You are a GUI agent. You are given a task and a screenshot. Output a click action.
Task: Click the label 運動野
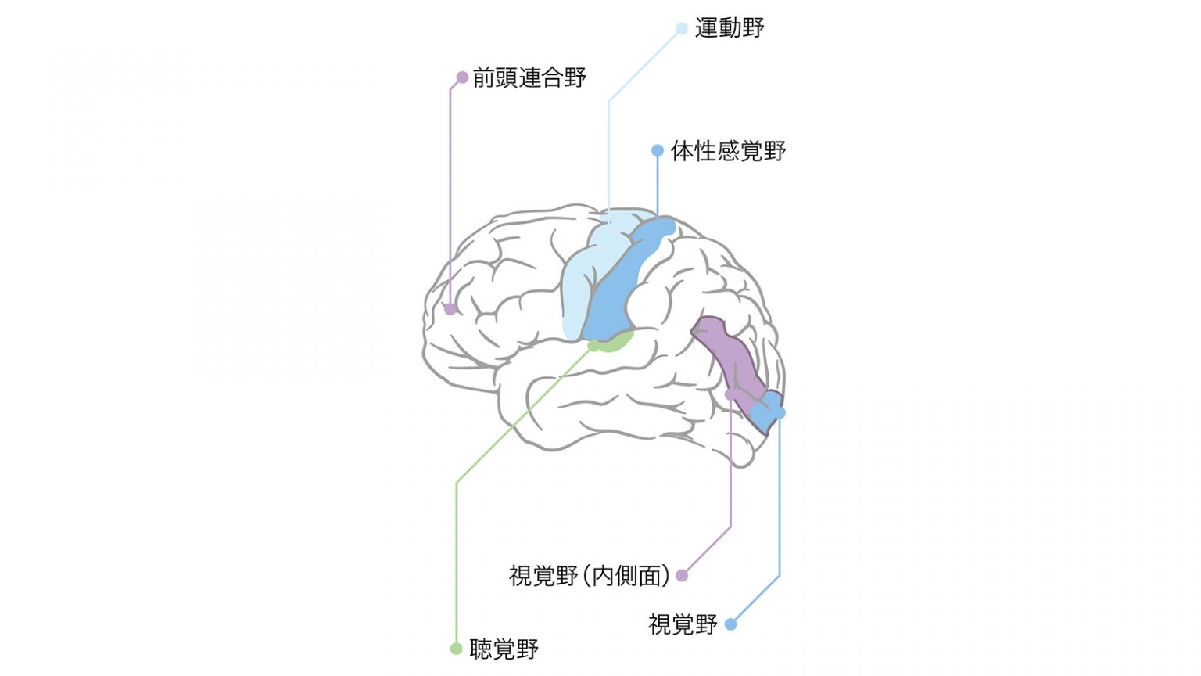tap(730, 28)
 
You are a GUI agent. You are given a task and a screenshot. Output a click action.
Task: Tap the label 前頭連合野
tap(529, 77)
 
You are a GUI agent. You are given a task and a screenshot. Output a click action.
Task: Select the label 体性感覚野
tap(728, 151)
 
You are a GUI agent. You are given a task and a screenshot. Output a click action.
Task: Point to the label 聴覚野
tap(504, 649)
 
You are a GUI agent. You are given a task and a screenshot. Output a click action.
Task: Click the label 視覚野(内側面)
tap(590, 576)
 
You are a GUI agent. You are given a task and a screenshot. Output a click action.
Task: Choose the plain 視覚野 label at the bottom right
tap(683, 624)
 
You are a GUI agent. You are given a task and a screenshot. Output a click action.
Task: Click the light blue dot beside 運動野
tap(682, 28)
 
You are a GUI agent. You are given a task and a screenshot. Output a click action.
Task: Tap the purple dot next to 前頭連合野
tap(462, 77)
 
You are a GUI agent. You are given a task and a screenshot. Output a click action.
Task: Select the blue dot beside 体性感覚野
tap(658, 151)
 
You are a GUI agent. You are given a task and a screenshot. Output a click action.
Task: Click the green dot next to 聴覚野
tap(456, 649)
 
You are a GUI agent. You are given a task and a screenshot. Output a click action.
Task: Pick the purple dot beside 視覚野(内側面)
tap(682, 576)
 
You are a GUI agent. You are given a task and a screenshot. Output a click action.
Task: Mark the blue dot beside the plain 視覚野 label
tap(730, 624)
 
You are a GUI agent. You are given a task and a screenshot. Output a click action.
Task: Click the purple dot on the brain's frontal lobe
tap(450, 309)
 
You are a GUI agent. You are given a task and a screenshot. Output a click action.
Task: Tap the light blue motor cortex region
tap(582, 284)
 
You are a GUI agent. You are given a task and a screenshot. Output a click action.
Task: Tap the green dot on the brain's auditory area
tap(593, 346)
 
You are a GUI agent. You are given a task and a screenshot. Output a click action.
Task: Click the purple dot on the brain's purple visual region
tap(730, 395)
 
